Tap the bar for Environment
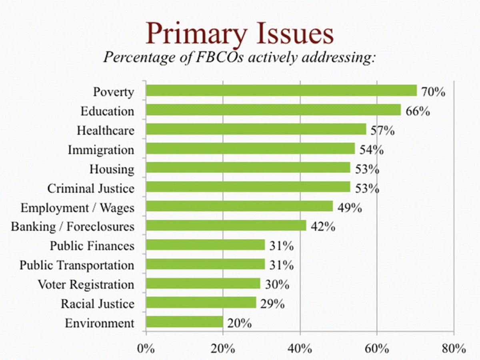184,322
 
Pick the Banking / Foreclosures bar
226,226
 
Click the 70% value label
434,92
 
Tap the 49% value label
350,208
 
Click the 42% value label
323,227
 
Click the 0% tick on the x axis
146,348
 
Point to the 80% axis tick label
454,348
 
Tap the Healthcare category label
106,130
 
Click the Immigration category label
101,150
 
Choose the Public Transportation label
77,265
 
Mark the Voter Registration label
86,284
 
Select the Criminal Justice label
91,188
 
